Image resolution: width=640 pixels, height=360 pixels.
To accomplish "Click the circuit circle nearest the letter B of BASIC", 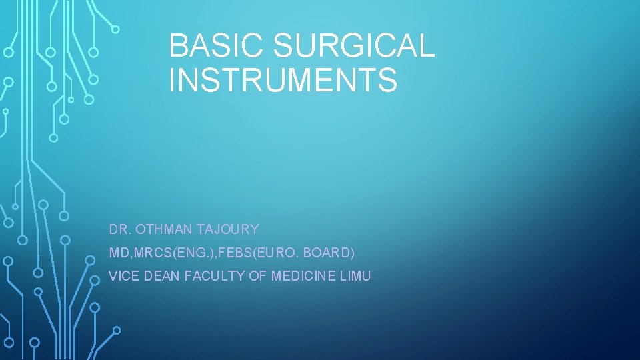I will pos(115,29).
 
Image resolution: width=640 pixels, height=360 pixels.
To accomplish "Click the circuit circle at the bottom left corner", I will pos(34,342).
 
